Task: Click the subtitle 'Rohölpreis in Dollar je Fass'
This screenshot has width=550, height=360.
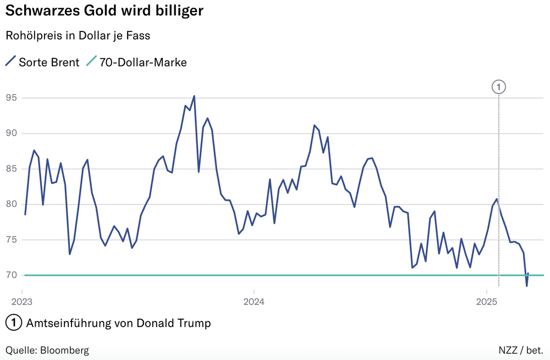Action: click(x=78, y=36)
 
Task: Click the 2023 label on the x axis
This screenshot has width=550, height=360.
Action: click(x=22, y=302)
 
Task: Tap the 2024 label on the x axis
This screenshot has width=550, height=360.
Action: click(x=254, y=302)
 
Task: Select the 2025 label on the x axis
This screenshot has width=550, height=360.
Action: click(x=486, y=302)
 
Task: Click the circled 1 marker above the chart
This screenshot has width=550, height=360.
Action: click(x=498, y=87)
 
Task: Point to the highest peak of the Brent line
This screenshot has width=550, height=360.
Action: click(x=194, y=96)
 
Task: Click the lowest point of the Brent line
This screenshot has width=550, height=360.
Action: click(x=526, y=286)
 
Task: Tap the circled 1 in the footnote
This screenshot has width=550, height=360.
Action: click(x=13, y=323)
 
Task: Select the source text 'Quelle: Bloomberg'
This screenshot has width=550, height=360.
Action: click(x=47, y=350)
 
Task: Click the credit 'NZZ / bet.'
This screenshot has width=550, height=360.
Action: click(x=521, y=350)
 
